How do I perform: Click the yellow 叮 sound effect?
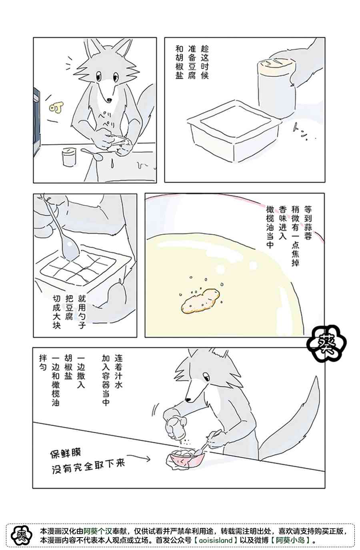click(56, 108)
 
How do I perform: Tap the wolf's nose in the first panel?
click(109, 100)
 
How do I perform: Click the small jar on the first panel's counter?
click(69, 157)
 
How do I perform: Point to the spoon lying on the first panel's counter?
click(92, 154)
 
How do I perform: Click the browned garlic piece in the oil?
click(200, 301)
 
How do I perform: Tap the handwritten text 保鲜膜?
click(65, 453)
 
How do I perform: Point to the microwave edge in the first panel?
click(36, 122)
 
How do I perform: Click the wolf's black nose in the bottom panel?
click(188, 400)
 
